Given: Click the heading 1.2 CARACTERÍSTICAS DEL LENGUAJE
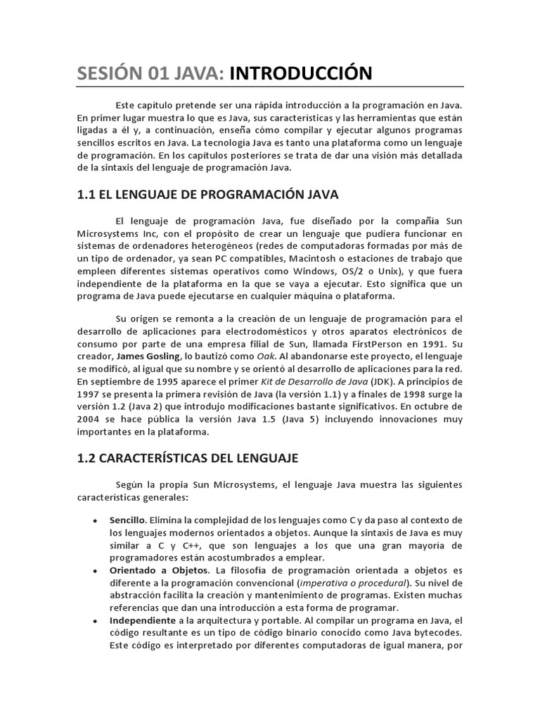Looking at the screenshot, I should [188, 458].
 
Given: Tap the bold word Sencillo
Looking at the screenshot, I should [127, 520].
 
